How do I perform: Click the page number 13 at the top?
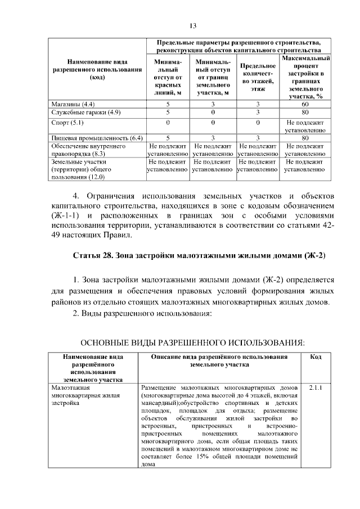click(192, 25)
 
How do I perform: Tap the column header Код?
click(316, 357)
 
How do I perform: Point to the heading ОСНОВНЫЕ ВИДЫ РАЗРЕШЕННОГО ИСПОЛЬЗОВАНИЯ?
click(192, 342)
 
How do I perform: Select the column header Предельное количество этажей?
click(258, 76)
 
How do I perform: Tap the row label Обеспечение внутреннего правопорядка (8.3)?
click(82, 150)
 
